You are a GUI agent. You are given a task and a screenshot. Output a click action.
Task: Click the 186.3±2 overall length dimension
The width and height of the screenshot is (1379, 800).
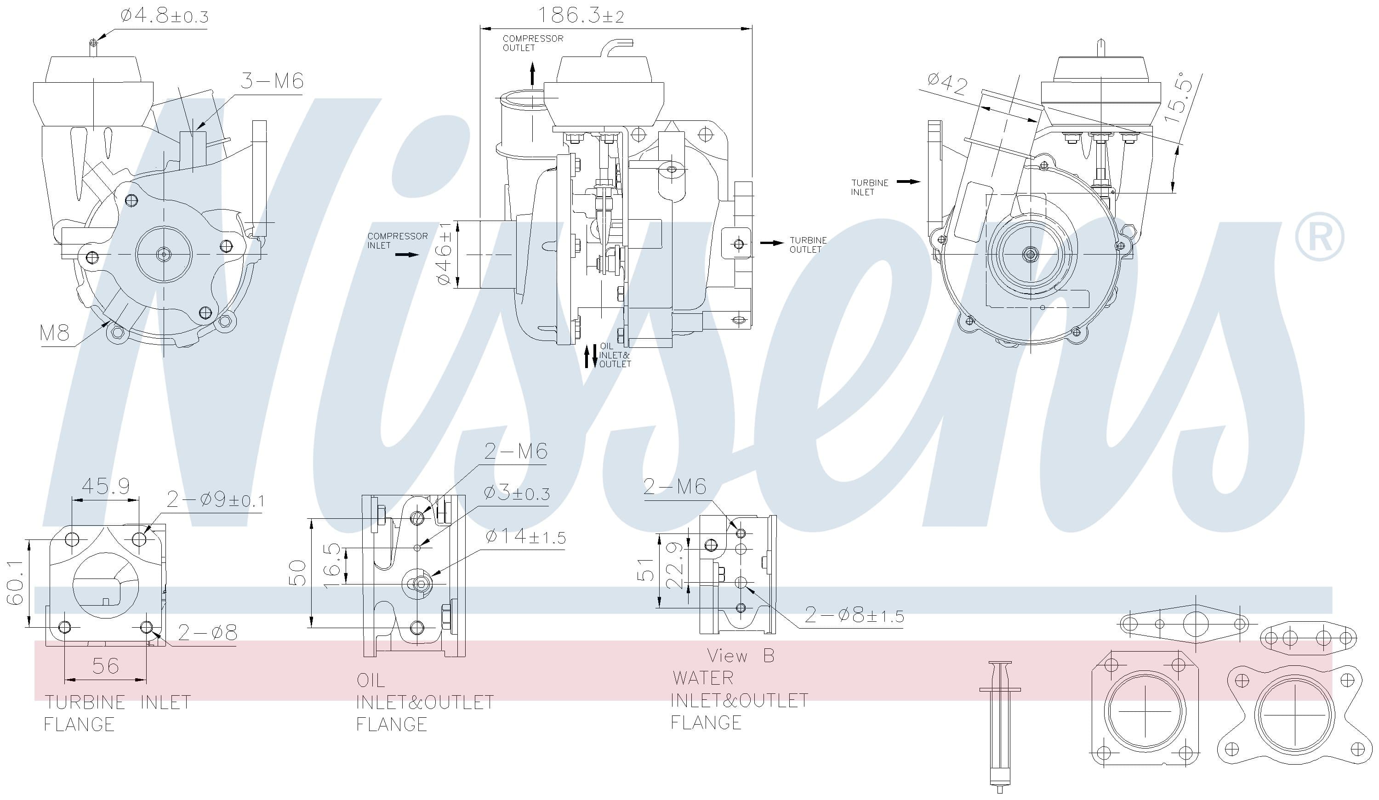click(581, 15)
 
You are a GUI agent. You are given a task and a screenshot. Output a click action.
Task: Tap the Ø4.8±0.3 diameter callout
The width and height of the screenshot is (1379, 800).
click(164, 17)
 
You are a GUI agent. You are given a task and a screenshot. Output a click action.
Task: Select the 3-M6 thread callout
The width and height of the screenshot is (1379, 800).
click(272, 81)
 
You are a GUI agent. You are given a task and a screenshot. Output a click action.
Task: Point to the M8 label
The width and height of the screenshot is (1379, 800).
click(54, 332)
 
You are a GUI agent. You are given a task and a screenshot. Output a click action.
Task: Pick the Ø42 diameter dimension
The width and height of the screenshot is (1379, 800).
click(947, 85)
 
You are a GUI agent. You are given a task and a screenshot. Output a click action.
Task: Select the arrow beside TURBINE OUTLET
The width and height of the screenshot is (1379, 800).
click(772, 243)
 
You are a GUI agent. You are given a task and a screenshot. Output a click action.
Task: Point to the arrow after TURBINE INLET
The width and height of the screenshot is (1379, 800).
click(908, 182)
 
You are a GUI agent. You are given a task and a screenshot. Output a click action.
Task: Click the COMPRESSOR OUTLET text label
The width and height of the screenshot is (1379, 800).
click(532, 43)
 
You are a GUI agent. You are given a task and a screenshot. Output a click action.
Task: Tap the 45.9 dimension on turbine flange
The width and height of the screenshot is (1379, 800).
click(106, 486)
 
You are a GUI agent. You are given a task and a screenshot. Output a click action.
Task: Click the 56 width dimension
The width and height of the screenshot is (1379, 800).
click(105, 666)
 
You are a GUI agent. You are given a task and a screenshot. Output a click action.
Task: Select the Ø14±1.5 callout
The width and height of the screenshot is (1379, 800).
click(525, 537)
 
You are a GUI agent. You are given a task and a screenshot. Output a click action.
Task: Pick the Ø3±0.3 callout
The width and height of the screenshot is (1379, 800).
click(517, 494)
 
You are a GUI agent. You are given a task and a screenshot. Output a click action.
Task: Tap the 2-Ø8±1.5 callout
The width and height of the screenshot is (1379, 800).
click(854, 616)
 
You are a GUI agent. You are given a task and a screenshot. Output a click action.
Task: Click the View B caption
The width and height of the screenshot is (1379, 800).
click(741, 656)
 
